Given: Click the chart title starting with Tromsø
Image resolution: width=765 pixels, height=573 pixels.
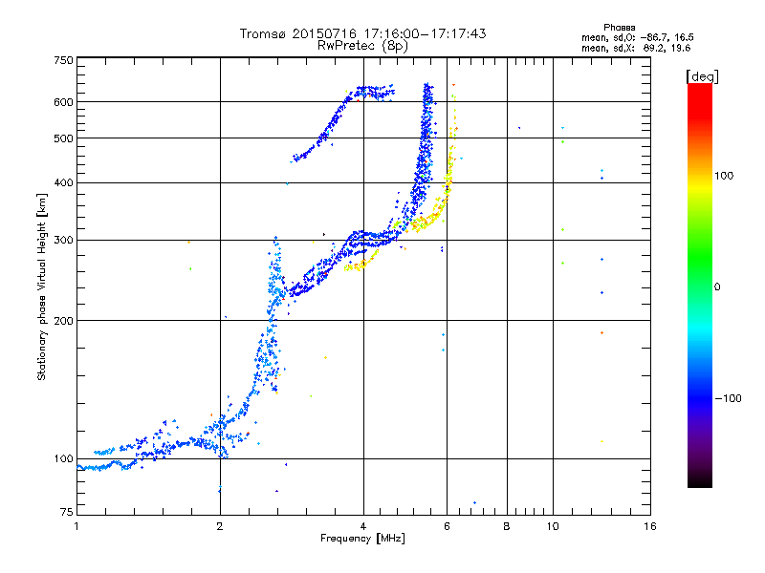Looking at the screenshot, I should tap(362, 33).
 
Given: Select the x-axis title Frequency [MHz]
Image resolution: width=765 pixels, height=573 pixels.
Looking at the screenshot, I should tap(362, 540).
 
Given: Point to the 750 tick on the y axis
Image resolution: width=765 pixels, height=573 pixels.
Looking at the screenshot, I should tap(64, 60).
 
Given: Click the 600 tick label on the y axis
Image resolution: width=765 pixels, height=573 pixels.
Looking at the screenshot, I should tap(64, 102).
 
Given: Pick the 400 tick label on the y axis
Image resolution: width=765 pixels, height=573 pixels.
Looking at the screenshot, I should tap(64, 182).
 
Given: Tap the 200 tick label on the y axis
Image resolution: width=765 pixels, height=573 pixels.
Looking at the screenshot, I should tap(64, 320).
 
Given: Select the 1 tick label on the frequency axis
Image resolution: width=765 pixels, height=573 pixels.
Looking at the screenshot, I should tap(76, 526).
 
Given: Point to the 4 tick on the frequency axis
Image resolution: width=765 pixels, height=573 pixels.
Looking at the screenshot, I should tap(363, 526).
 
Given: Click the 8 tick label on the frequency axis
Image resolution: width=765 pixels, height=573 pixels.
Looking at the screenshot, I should tap(507, 526).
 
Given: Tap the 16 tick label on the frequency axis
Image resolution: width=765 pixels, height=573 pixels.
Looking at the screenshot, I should tap(649, 526).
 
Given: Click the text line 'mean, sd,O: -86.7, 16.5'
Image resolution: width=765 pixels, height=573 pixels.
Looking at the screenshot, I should tap(629, 36).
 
